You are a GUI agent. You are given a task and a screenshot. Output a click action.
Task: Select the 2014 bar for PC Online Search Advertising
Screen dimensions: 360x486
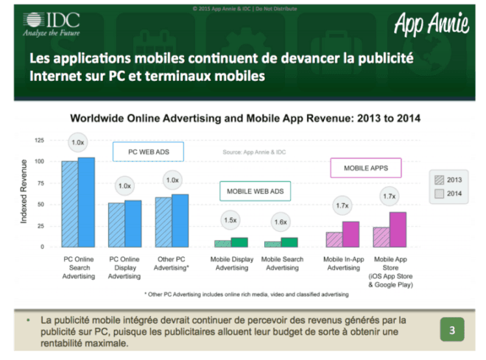tap(86, 203)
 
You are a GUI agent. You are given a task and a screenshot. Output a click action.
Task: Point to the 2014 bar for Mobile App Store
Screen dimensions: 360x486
tap(398, 230)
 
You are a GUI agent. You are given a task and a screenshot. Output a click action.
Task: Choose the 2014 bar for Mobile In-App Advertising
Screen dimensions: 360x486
tap(351, 234)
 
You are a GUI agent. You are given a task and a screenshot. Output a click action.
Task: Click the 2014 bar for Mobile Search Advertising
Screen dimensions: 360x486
tap(289, 242)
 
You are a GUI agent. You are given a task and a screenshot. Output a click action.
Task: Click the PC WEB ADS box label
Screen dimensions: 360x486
tap(148, 152)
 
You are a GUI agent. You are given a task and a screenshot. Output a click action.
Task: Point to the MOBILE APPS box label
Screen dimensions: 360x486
tap(365, 168)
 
